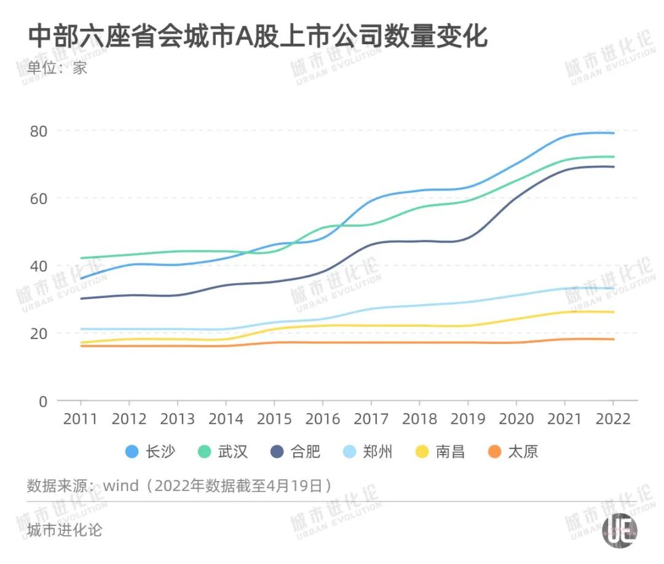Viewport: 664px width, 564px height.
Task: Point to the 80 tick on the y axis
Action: point(39,131)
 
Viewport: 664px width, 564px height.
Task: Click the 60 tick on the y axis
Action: point(39,198)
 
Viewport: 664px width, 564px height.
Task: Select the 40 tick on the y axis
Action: point(39,266)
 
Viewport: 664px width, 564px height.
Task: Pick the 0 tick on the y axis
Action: point(43,401)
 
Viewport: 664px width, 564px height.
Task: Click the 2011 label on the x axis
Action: point(81,420)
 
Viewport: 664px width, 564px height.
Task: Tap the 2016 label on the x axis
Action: point(323,420)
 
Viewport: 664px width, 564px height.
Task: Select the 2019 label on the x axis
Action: point(468,420)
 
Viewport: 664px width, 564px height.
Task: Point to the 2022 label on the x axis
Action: point(613,420)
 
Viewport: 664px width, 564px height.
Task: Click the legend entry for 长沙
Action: point(150,452)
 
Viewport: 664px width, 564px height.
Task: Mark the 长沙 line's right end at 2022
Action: point(613,133)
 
